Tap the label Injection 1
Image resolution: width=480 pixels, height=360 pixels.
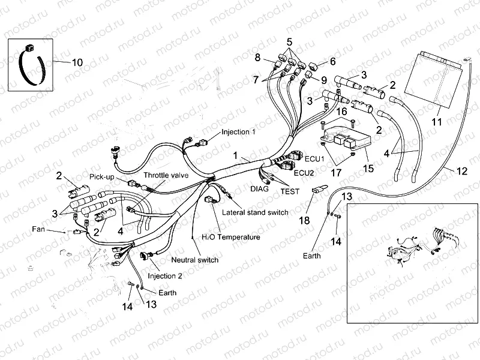click(239, 131)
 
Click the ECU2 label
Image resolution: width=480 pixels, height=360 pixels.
click(304, 173)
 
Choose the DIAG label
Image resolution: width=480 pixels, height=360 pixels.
click(259, 188)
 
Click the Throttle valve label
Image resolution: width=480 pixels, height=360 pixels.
click(164, 175)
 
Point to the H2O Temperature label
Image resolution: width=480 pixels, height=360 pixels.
click(230, 237)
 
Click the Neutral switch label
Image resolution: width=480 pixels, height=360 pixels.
click(194, 260)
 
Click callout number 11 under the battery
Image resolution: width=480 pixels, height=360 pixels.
click(437, 122)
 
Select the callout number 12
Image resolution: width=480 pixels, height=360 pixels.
click(461, 171)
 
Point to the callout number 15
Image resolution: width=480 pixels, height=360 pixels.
click(368, 169)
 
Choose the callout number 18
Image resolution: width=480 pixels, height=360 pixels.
click(304, 220)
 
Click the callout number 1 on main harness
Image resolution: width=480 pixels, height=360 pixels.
click(236, 155)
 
